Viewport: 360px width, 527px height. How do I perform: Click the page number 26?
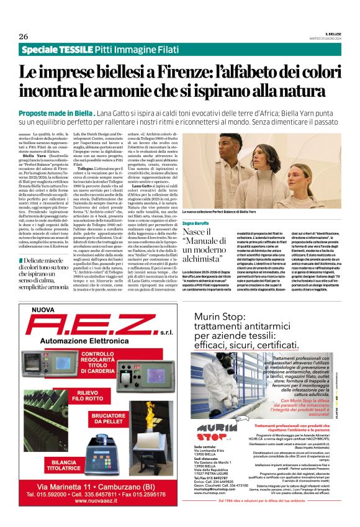click(24, 36)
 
